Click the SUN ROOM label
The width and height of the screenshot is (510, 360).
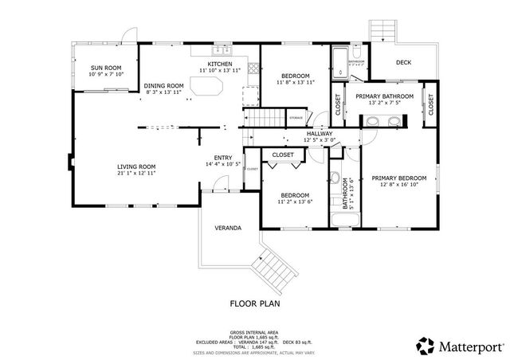[x=106, y=68]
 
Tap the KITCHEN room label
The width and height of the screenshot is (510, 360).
[x=220, y=64]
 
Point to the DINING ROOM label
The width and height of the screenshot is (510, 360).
[x=163, y=85]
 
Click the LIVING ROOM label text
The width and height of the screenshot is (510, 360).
[x=135, y=166]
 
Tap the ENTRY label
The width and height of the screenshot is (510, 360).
[x=223, y=158]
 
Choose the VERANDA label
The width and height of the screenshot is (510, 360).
[x=228, y=228]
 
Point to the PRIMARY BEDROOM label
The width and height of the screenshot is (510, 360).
[x=405, y=178]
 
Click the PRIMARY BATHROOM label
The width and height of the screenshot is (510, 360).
[x=384, y=96]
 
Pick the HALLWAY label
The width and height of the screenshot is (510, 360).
[x=320, y=134]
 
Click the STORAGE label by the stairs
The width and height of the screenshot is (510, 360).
[x=296, y=118]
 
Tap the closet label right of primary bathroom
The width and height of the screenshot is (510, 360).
[x=431, y=103]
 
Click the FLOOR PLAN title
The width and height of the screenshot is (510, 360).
[x=255, y=303]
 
